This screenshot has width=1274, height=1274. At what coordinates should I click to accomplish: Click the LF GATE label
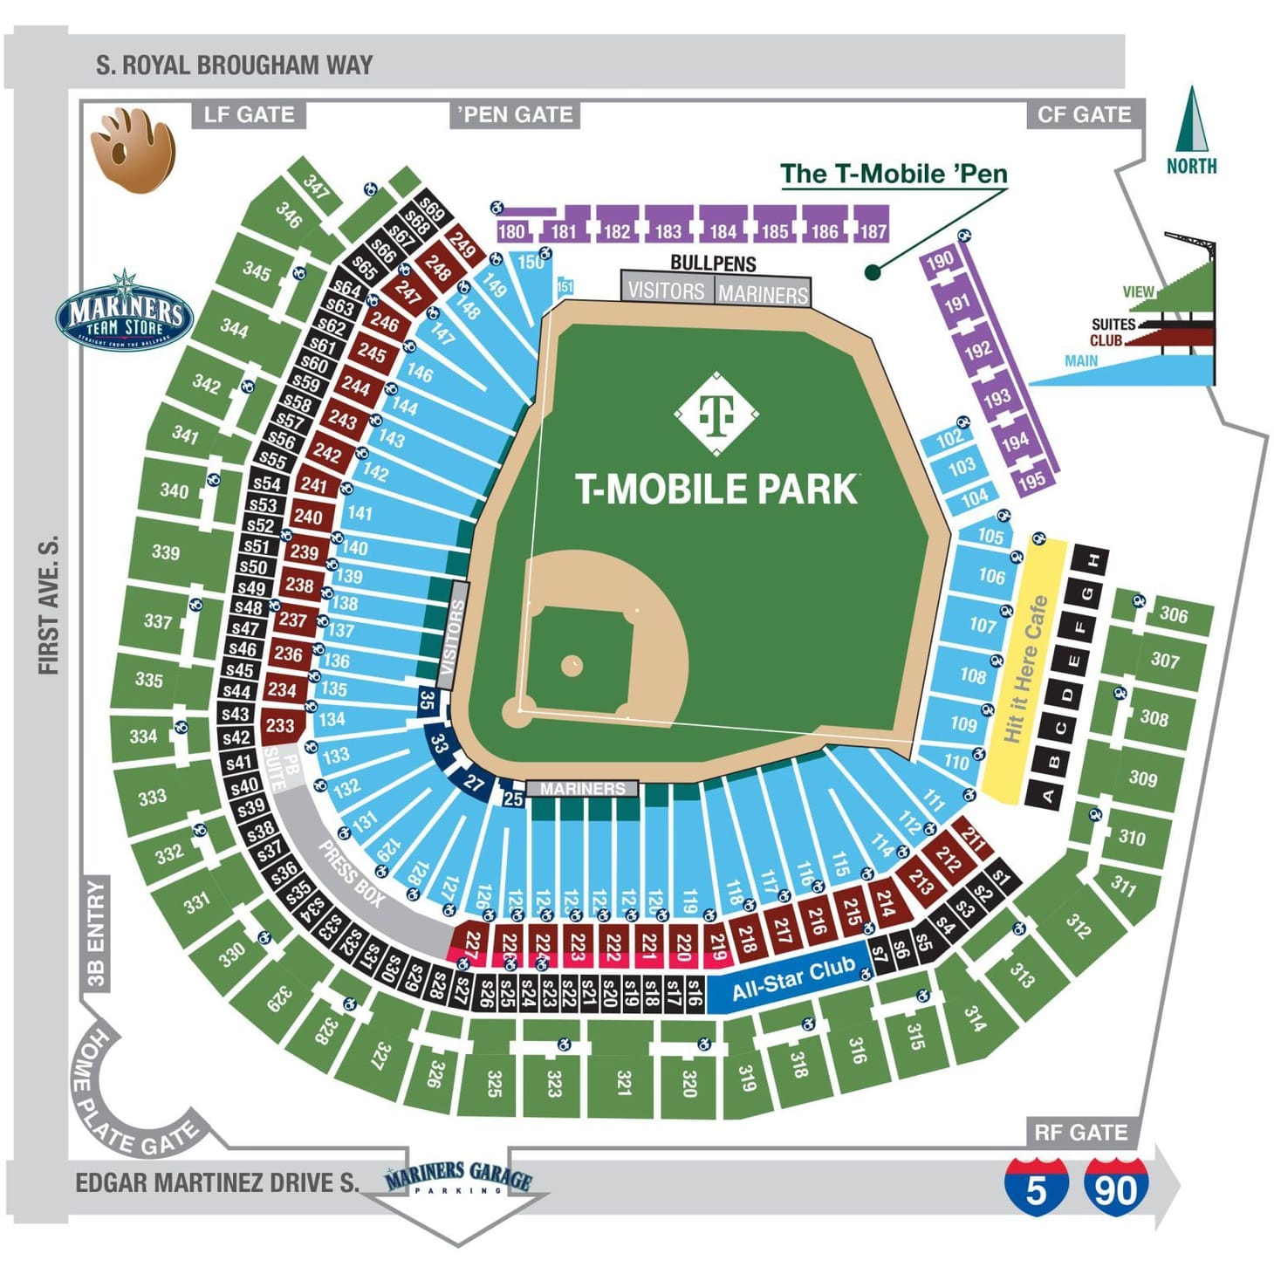tap(249, 114)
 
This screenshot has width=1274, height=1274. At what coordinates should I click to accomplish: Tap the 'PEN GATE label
tap(515, 114)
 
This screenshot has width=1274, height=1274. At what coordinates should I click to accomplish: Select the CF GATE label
tap(1084, 114)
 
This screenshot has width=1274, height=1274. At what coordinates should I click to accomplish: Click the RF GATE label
tap(1081, 1133)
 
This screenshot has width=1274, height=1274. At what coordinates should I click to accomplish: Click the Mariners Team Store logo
tap(124, 312)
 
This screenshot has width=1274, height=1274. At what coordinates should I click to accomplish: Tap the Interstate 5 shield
tap(1036, 1187)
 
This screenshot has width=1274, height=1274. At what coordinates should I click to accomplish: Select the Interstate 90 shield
tap(1116, 1187)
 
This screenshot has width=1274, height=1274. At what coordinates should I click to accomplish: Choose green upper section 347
tap(315, 184)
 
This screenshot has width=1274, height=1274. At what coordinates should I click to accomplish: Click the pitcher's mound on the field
tap(572, 667)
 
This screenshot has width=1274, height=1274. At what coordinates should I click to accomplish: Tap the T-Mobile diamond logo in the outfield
tap(716, 414)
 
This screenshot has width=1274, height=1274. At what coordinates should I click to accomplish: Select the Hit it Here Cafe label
tap(1024, 669)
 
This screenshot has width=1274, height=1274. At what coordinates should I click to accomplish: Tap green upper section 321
tap(623, 1082)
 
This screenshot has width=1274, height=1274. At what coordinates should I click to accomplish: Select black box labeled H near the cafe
tap(1092, 559)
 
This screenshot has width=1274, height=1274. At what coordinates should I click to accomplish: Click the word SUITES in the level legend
tap(1113, 324)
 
